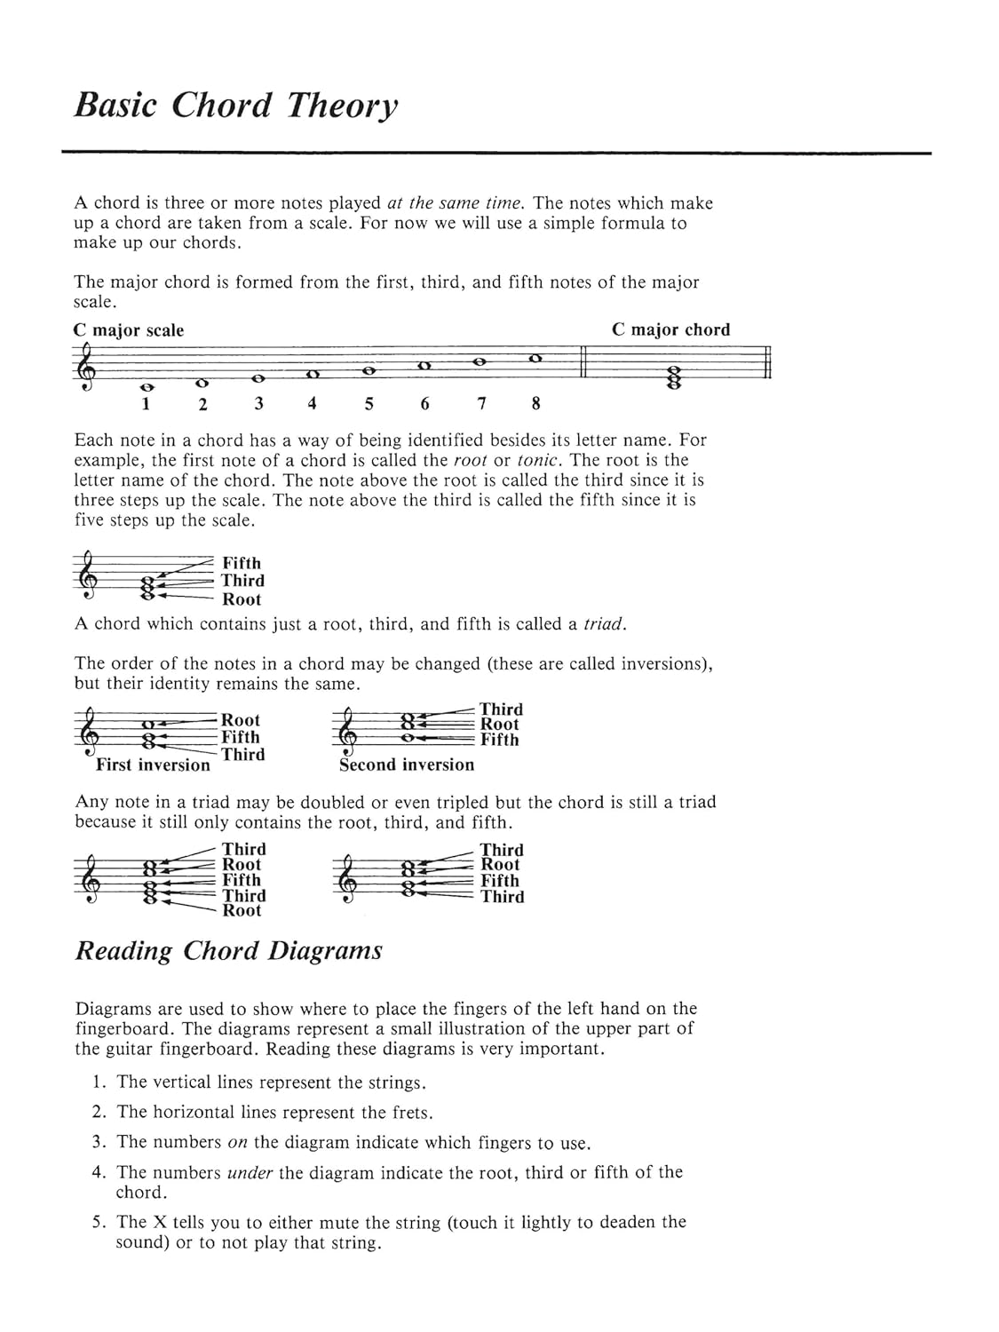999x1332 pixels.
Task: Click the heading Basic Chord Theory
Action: click(x=235, y=106)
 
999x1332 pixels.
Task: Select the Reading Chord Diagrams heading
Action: click(x=228, y=951)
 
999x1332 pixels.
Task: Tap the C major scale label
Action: click(x=128, y=330)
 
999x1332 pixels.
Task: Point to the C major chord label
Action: click(x=670, y=329)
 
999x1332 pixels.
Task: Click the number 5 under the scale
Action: click(x=369, y=404)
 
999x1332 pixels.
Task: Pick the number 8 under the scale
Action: click(x=535, y=404)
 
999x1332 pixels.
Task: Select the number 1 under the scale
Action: click(x=146, y=404)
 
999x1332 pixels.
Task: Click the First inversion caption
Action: click(x=153, y=765)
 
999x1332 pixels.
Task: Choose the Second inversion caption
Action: click(x=407, y=765)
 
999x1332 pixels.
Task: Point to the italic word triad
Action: click(x=604, y=624)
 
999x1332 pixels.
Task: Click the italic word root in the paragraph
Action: click(x=470, y=460)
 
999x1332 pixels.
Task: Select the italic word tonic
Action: click(x=538, y=460)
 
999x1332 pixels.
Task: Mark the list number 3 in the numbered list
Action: click(x=99, y=1142)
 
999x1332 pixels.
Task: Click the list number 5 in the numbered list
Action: click(x=99, y=1223)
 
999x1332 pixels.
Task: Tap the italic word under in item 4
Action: click(x=250, y=1173)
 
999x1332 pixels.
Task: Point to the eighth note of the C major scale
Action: click(x=535, y=359)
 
